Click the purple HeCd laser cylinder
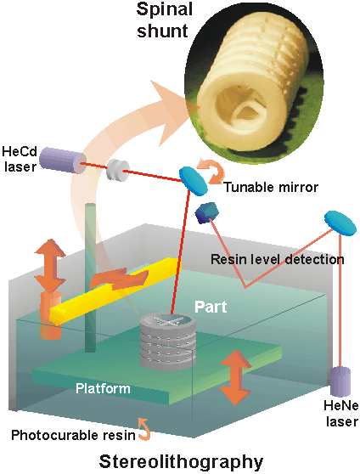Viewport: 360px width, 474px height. click(63, 160)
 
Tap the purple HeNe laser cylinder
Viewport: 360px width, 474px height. click(340, 381)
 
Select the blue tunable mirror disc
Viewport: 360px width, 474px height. click(194, 182)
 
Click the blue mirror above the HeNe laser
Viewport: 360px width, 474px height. click(340, 223)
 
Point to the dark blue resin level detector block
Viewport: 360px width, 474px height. click(207, 213)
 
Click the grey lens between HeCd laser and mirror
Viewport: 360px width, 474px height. click(117, 170)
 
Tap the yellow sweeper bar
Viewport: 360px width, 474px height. click(115, 291)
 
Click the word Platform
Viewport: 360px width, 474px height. click(103, 388)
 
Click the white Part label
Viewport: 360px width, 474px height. click(211, 307)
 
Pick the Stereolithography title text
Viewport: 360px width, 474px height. click(181, 462)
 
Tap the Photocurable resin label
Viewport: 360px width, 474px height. click(73, 436)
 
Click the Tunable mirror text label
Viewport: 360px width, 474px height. click(271, 188)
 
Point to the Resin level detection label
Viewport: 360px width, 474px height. click(277, 259)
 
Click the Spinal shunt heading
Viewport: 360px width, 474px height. click(164, 20)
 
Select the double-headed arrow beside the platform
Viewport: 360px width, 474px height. click(235, 377)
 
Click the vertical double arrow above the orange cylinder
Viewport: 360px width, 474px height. click(50, 266)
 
